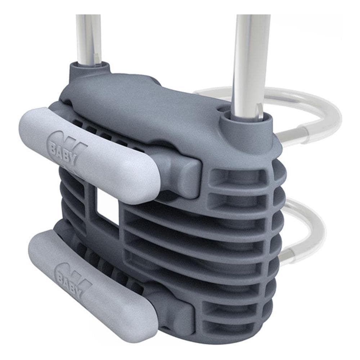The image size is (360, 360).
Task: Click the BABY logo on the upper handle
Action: pos(66,151)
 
